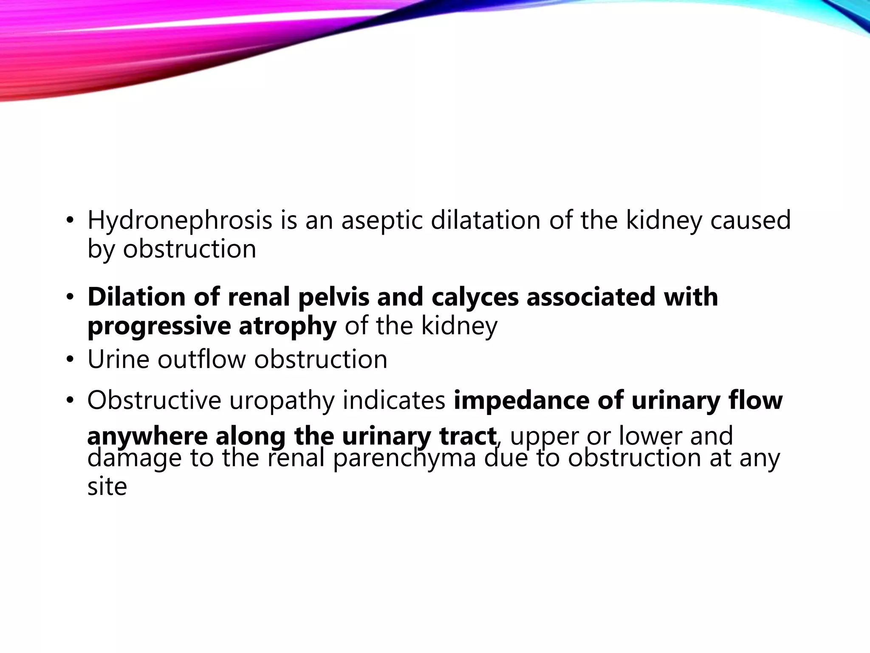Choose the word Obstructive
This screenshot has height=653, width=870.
tap(154, 400)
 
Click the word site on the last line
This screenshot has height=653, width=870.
tap(107, 486)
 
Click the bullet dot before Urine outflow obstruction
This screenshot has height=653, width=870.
tap(70, 360)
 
